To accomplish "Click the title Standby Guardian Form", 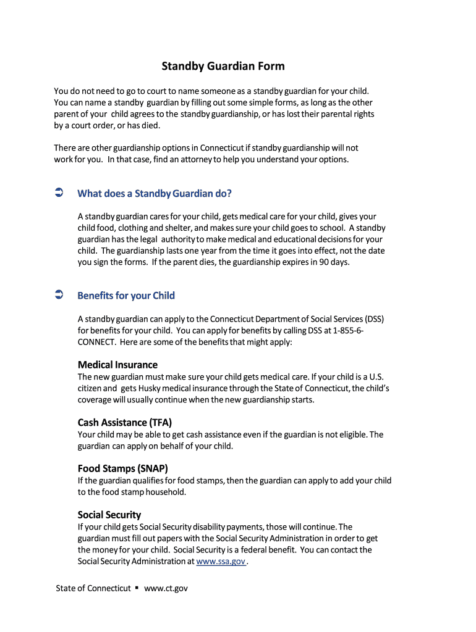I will [223, 66].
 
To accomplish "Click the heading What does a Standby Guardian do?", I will [155, 194].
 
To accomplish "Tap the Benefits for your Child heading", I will [126, 296].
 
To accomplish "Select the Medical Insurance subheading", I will [117, 365].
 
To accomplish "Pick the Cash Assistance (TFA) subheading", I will [124, 423].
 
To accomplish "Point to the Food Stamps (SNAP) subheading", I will [122, 468].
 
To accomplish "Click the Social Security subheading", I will [109, 515].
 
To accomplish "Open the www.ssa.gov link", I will [221, 562].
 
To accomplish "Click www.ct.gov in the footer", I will [166, 588].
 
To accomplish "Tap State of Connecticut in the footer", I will [93, 588].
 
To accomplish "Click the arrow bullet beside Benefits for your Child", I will [59, 296].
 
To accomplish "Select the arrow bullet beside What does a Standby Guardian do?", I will [59, 194].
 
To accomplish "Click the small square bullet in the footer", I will [137, 588].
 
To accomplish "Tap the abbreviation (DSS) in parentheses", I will [374, 319].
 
